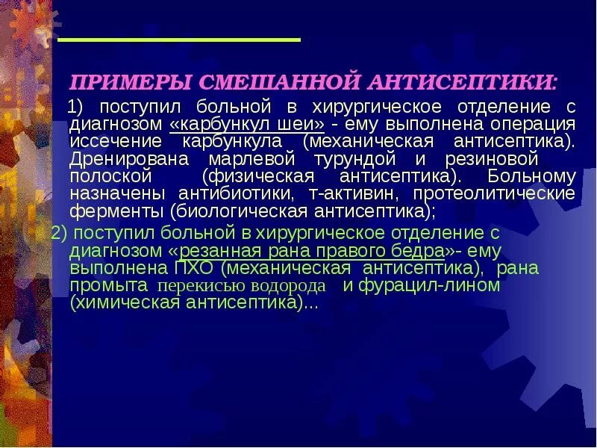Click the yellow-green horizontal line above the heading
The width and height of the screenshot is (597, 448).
(x=179, y=39)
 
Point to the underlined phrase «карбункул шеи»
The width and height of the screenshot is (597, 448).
(x=247, y=124)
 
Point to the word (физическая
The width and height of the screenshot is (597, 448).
(x=252, y=177)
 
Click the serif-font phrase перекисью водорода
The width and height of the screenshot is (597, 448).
(x=241, y=286)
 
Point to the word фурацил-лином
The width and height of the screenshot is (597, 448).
(x=429, y=286)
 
